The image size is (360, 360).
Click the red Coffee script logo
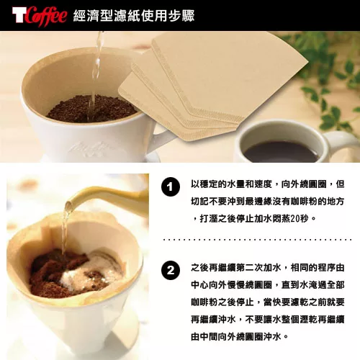tap(46, 16)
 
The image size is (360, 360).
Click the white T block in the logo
tap(19, 16)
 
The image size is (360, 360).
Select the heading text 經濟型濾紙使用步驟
tap(134, 16)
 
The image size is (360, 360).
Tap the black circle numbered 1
tap(171, 187)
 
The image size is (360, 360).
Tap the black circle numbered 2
tap(171, 271)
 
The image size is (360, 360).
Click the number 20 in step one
tap(294, 219)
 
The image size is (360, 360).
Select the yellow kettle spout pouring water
tap(96, 196)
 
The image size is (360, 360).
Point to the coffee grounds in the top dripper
tap(91, 109)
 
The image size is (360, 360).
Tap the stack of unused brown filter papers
tap(214, 84)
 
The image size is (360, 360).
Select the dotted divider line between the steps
tap(257, 240)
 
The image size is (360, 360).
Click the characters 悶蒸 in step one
tap(282, 219)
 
